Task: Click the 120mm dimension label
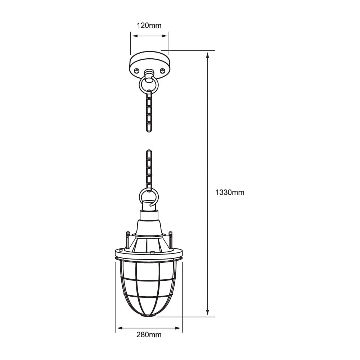coord(149,26)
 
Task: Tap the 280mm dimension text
coord(149,335)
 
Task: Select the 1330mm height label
coord(230,192)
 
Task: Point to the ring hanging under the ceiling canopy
coord(149,85)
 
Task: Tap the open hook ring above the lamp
coord(148,197)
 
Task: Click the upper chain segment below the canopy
coord(149,111)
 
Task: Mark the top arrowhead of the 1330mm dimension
coord(208,55)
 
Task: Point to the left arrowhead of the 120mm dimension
coord(133,36)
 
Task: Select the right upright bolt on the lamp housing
coord(171,240)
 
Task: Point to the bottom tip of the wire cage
coord(149,316)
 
